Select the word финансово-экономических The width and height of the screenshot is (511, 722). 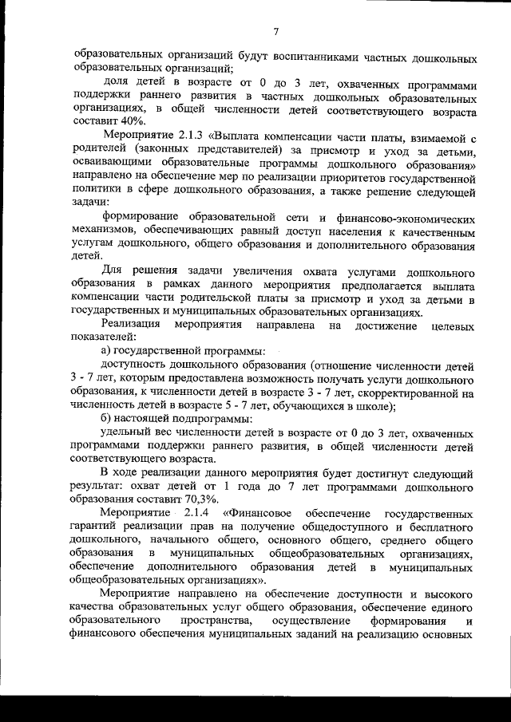pyautogui.click(x=414, y=218)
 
